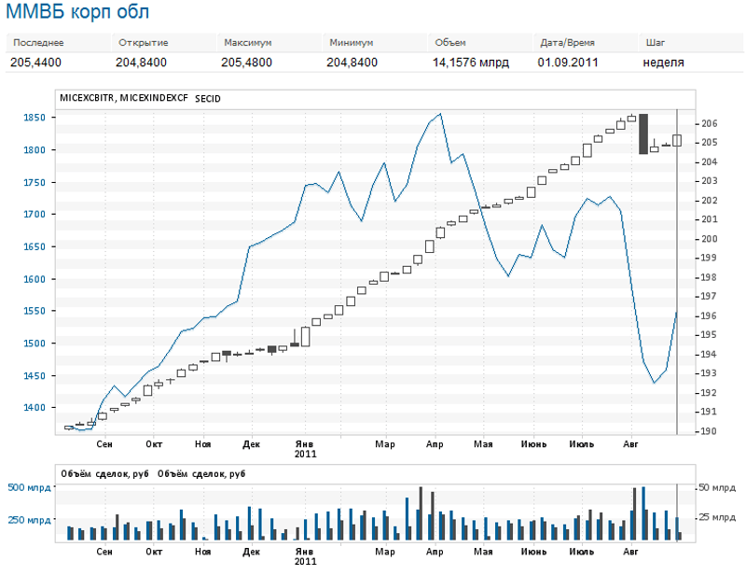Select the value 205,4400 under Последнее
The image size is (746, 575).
pyautogui.click(x=36, y=63)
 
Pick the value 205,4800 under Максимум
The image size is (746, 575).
pyautogui.click(x=247, y=63)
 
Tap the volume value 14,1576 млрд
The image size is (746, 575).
pyautogui.click(x=470, y=63)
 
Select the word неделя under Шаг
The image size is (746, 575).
pyautogui.click(x=664, y=63)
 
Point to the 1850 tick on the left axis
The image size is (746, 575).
pyautogui.click(x=35, y=118)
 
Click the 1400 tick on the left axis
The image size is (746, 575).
pyautogui.click(x=35, y=408)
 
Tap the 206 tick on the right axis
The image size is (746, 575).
pyautogui.click(x=708, y=123)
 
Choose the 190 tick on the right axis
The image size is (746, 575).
pyautogui.click(x=708, y=431)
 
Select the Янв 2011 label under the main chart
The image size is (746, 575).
pyautogui.click(x=305, y=449)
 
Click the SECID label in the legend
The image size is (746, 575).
pyautogui.click(x=208, y=97)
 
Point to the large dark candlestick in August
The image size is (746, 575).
pyautogui.click(x=642, y=133)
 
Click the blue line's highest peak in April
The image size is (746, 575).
pyautogui.click(x=439, y=114)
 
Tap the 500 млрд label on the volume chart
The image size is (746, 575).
pyautogui.click(x=29, y=488)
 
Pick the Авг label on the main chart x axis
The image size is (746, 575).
pyautogui.click(x=631, y=445)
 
